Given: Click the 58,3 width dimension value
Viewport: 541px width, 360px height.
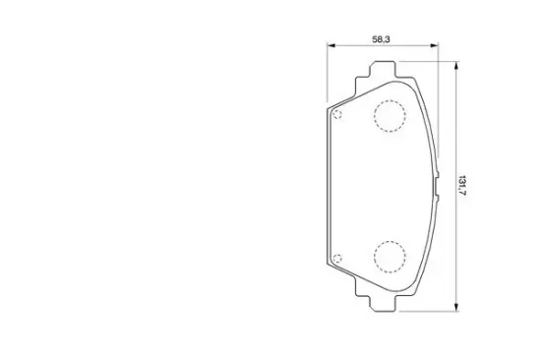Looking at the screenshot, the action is (x=381, y=39).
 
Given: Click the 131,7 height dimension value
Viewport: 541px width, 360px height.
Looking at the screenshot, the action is (x=462, y=186).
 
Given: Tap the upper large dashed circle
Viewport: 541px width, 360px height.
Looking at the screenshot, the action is (x=390, y=100).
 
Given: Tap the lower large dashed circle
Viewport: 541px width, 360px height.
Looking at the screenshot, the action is (x=390, y=241).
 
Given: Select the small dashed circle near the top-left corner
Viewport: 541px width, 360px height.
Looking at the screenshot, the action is (x=337, y=111).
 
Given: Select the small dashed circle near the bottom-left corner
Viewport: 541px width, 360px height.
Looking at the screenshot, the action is (x=337, y=255).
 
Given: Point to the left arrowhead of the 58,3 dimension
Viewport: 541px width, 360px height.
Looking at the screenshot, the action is (x=331, y=45).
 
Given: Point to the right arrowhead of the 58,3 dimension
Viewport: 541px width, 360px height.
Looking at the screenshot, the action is (x=434, y=45).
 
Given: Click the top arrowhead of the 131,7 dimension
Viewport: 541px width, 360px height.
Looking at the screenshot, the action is (x=456, y=66).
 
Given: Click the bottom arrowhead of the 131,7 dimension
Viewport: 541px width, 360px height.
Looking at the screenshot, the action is (x=456, y=307).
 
